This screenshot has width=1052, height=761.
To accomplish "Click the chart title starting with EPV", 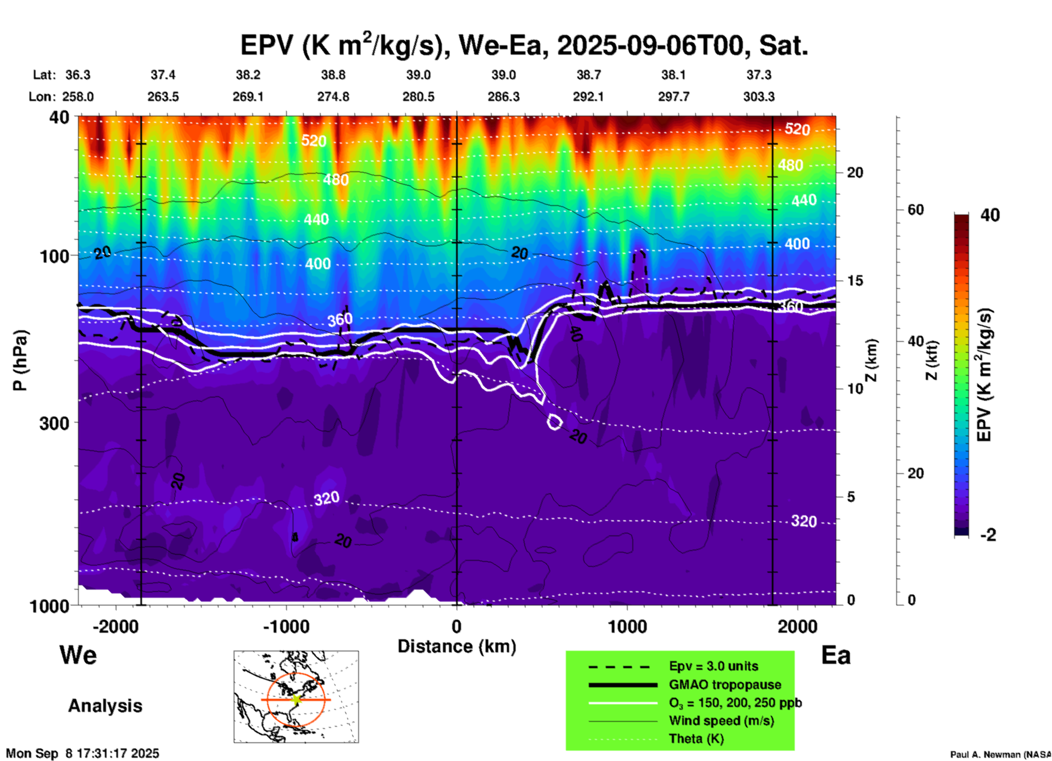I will coord(524,45).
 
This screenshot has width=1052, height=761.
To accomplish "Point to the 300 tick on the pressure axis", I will coord(55,423).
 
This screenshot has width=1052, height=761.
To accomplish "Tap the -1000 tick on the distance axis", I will coord(286,626).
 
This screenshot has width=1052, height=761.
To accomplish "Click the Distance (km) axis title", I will coord(457,646).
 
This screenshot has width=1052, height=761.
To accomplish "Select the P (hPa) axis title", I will coord(20,360).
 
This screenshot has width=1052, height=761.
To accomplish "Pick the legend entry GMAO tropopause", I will coord(725,685).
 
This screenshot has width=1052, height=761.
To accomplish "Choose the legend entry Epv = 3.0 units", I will coord(713,666).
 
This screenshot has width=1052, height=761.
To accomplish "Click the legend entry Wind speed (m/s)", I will coord(721,721).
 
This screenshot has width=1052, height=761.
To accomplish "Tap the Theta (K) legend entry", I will coord(696,739).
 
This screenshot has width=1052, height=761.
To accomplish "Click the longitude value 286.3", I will coord(504,97).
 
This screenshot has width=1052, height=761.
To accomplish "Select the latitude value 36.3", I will coord(78,75).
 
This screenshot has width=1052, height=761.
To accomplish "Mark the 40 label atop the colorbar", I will coord(990,215).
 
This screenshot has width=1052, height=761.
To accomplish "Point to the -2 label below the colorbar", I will coord(988,535).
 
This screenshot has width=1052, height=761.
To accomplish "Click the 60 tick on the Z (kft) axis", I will coord(915,210).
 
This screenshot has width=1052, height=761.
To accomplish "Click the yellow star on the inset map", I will coord(296,699).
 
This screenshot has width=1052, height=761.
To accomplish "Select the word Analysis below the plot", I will coord(105,706).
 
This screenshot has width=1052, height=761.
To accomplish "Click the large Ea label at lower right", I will coord(836,656).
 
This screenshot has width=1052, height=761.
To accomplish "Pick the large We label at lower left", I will coord(78,655).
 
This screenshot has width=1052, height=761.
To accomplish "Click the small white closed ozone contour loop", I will coord(555,422).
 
